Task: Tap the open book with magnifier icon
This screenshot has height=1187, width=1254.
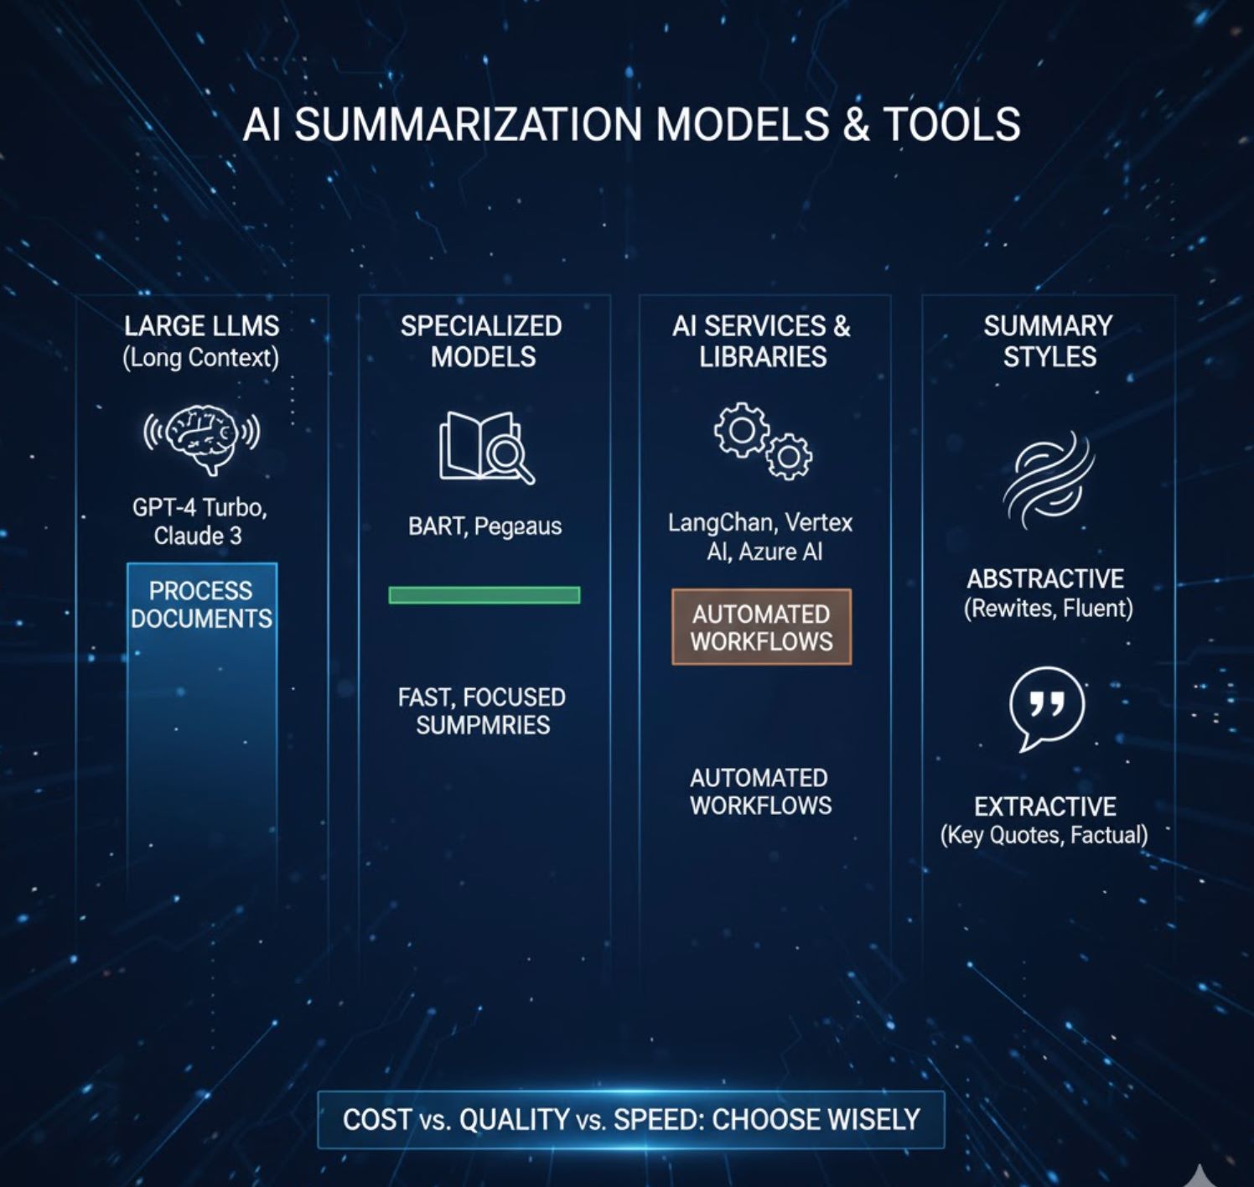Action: click(x=485, y=448)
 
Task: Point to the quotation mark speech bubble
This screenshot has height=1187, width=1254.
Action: click(x=1046, y=708)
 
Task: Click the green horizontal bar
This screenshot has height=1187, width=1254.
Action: click(x=484, y=595)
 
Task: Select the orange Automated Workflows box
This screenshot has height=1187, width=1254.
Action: click(x=761, y=627)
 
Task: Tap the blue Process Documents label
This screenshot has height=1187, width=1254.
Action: click(x=201, y=604)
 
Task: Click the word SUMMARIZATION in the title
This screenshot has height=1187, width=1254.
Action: click(x=468, y=124)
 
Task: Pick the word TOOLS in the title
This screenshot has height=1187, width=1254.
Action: click(x=951, y=124)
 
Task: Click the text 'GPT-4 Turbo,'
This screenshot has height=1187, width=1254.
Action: click(x=199, y=507)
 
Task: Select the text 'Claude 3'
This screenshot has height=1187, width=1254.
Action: click(x=198, y=536)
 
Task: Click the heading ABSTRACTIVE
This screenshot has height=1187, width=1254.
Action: click(x=1045, y=578)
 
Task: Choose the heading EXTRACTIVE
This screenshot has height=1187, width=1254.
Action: click(x=1044, y=806)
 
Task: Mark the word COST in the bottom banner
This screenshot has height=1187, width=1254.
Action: click(x=377, y=1119)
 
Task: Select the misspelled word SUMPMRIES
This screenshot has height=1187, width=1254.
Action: click(x=483, y=724)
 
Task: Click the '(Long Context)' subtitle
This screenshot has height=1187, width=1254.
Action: click(x=200, y=357)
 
